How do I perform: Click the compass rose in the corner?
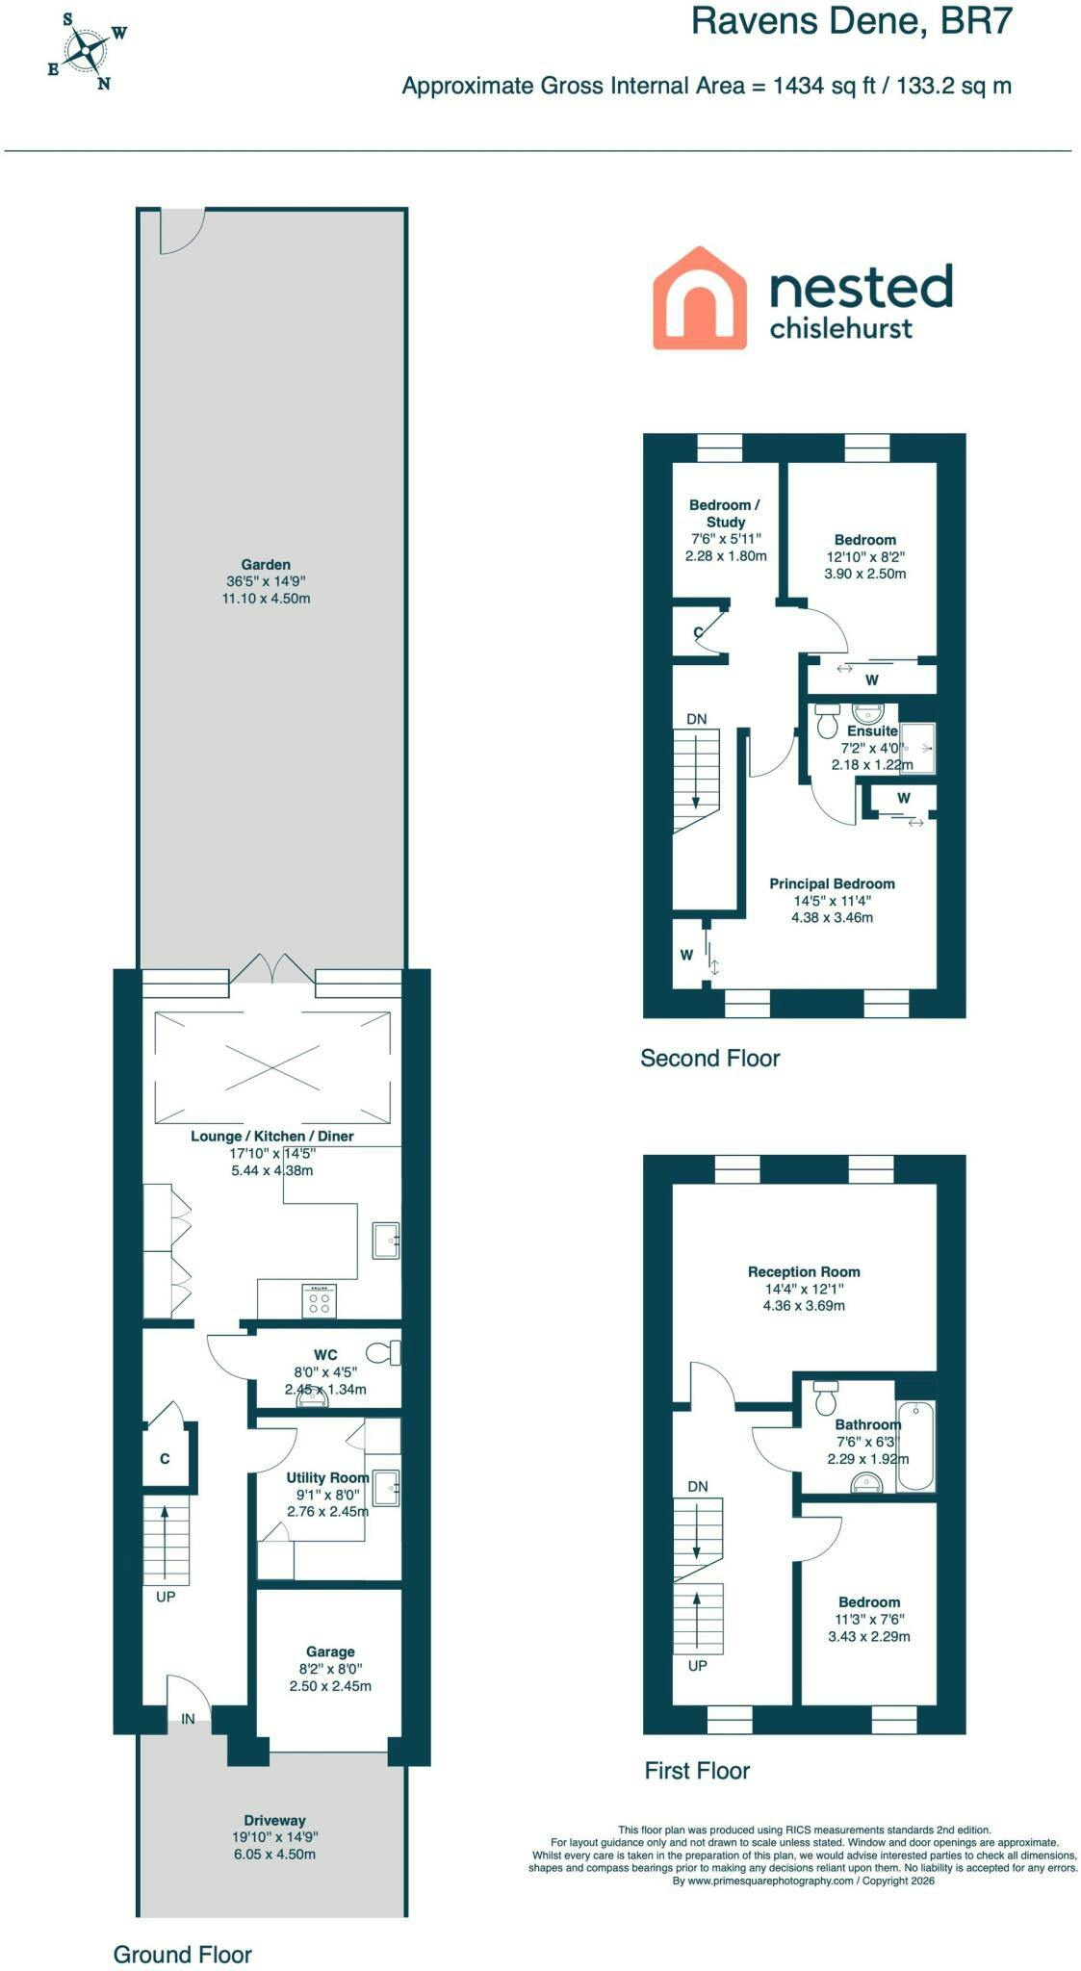pos(88,51)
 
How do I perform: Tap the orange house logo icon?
pos(700,297)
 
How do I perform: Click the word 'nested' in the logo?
pos(861,287)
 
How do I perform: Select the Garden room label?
pos(266,565)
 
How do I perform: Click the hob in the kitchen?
pos(320,1300)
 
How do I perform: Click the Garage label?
pos(330,1651)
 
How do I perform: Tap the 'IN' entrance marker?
pos(189,1718)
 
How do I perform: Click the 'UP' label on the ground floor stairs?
pos(166,1597)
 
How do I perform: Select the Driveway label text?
pos(274,1820)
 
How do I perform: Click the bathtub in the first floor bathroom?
pos(915,1446)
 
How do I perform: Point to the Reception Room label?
pos(804,1271)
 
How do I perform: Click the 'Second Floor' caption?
pos(710,1059)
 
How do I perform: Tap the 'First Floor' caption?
pos(697,1771)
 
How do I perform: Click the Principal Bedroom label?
pos(832,883)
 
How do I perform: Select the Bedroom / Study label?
pos(725,513)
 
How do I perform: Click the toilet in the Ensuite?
pos(827,721)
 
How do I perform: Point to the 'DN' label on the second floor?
pos(696,719)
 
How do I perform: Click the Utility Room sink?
pos(386,1487)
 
